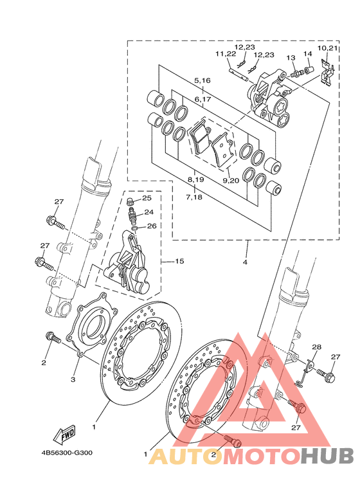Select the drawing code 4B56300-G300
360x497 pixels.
tap(67, 453)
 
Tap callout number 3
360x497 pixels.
tap(73, 379)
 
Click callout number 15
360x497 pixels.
tap(179, 261)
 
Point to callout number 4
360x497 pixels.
tap(245, 262)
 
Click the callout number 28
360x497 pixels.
tap(316, 347)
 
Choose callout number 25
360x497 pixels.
tap(147, 198)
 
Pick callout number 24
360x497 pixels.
tap(149, 212)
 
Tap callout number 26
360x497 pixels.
tap(152, 226)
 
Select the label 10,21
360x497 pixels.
tap(328, 48)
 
